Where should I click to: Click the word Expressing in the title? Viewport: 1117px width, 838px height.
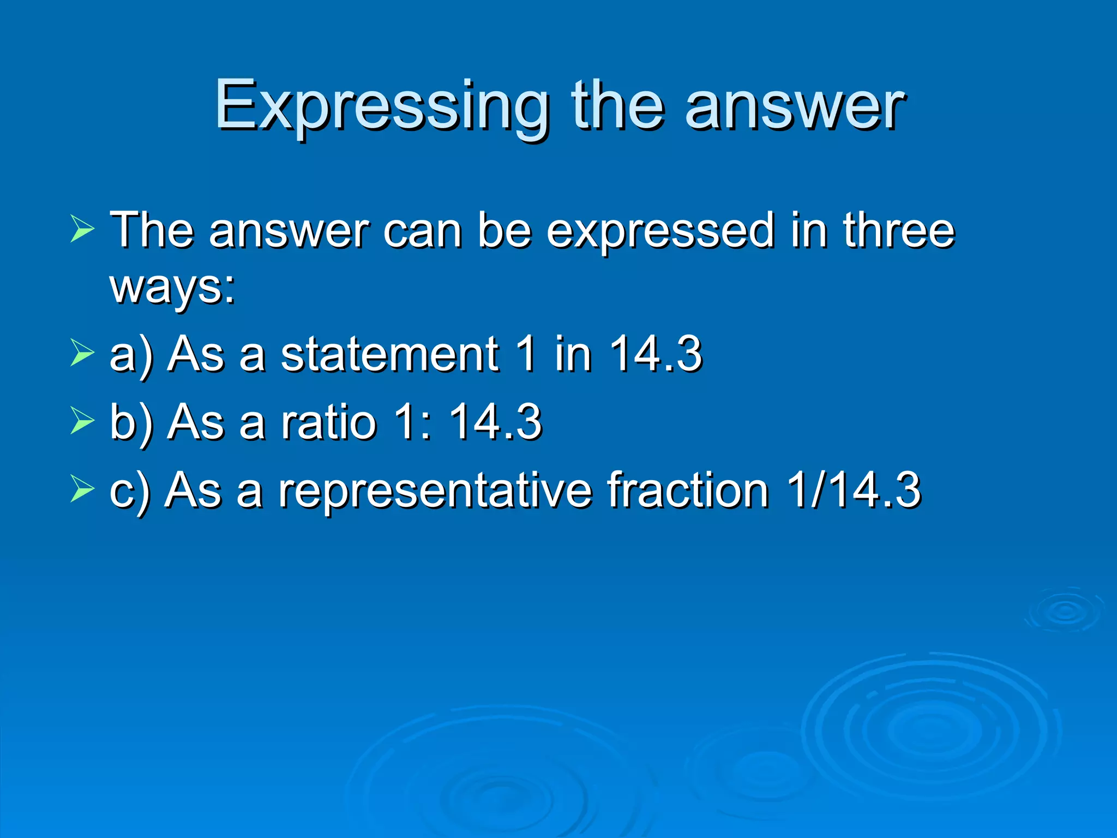click(x=382, y=106)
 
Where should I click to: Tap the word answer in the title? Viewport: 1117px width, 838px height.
click(x=795, y=106)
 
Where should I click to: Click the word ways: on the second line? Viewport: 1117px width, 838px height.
click(x=172, y=287)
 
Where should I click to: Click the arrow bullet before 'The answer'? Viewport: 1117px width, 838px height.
click(x=82, y=228)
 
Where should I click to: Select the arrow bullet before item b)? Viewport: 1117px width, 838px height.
click(x=82, y=421)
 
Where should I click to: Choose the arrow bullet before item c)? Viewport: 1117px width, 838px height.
click(x=82, y=488)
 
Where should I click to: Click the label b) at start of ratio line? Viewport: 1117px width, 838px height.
click(x=131, y=422)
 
